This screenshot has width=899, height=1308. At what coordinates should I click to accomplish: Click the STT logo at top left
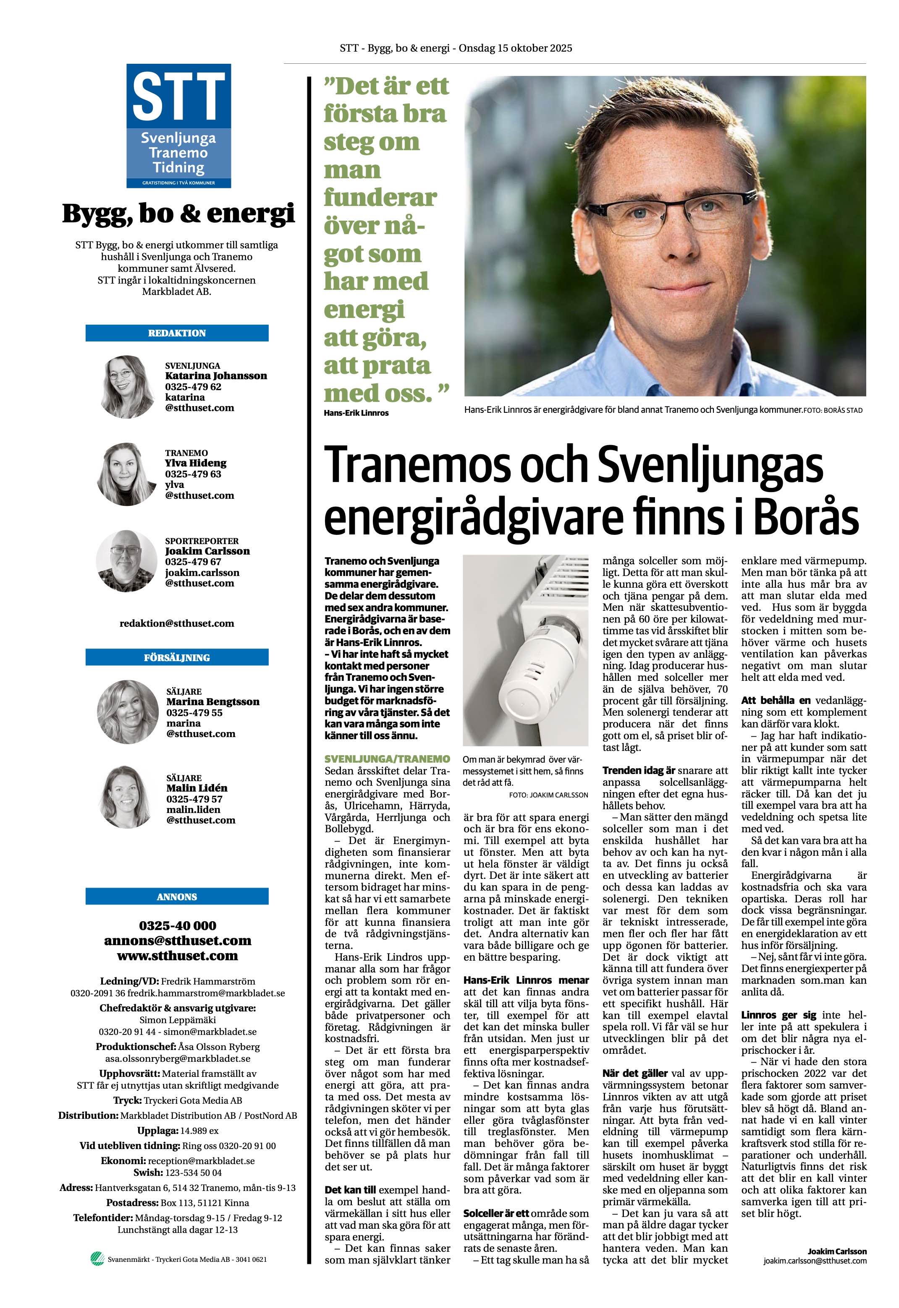click(178, 125)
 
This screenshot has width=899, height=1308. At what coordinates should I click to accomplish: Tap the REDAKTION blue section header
click(177, 333)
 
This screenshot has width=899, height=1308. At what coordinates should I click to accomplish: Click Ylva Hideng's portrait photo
click(126, 474)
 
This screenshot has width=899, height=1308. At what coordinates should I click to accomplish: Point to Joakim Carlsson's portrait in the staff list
click(126, 561)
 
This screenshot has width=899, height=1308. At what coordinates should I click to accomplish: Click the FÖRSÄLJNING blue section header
click(177, 657)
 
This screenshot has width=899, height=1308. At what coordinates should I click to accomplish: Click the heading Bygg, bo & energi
click(178, 214)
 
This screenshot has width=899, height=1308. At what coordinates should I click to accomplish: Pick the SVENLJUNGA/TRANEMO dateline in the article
click(387, 759)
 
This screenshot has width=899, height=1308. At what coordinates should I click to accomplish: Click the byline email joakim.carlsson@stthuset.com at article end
click(815, 1292)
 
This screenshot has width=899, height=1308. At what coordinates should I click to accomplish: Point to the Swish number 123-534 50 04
click(194, 1173)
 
